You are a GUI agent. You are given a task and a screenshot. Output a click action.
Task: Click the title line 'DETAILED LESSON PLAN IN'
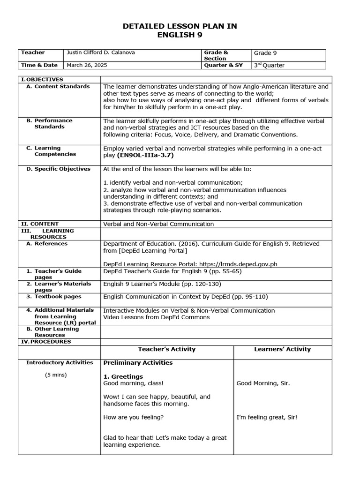(180, 26)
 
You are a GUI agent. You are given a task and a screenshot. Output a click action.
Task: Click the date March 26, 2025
(87, 65)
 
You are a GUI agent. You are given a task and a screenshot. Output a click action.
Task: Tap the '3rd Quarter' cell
(269, 65)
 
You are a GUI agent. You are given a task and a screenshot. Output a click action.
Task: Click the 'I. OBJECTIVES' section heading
(42, 79)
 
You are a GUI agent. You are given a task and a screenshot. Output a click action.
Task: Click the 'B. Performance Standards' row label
(49, 124)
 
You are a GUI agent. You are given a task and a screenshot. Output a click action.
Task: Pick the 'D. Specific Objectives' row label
(58, 169)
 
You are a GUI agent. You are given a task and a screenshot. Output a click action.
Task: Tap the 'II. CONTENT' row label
(40, 224)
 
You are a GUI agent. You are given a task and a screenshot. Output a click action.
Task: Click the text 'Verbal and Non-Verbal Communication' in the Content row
(158, 224)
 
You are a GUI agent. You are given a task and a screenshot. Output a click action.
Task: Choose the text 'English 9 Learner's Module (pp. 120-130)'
(162, 284)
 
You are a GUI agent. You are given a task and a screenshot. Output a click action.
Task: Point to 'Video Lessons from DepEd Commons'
(157, 317)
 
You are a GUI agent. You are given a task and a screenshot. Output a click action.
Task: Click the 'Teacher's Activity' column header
(167, 349)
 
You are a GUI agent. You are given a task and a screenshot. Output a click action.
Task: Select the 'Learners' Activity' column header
(282, 349)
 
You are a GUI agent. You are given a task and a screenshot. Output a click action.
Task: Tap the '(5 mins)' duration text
(56, 375)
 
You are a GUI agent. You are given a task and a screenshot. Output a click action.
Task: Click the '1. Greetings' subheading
(123, 376)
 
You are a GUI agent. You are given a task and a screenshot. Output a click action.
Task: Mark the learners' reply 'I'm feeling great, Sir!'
(267, 417)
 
